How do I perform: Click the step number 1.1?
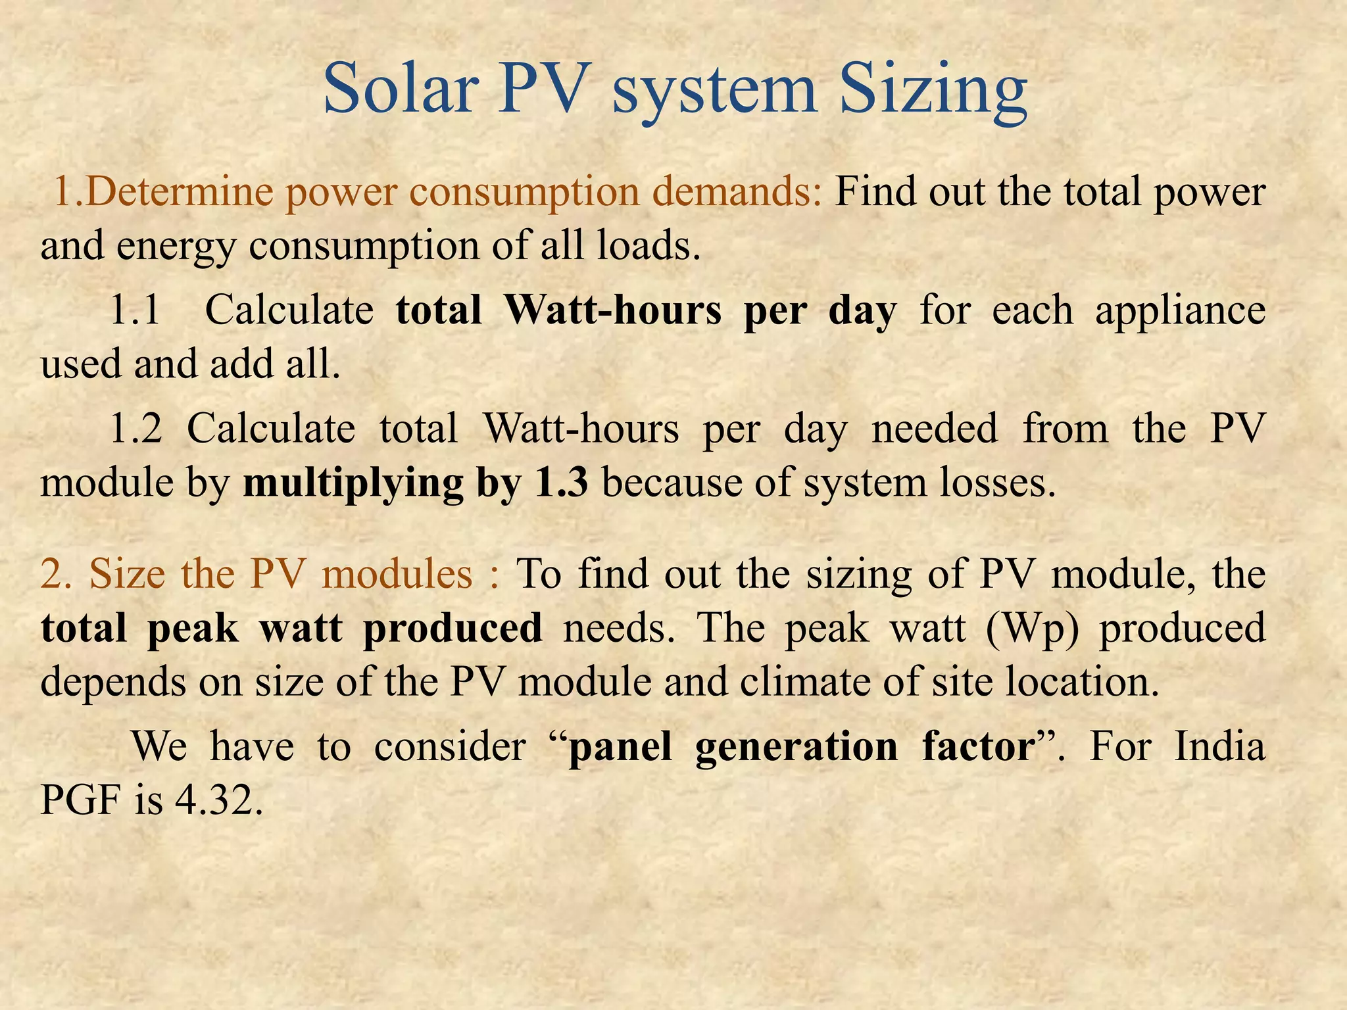tap(134, 310)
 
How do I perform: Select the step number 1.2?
tap(135, 429)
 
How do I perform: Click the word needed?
tap(934, 429)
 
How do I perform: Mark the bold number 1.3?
tap(561, 483)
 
